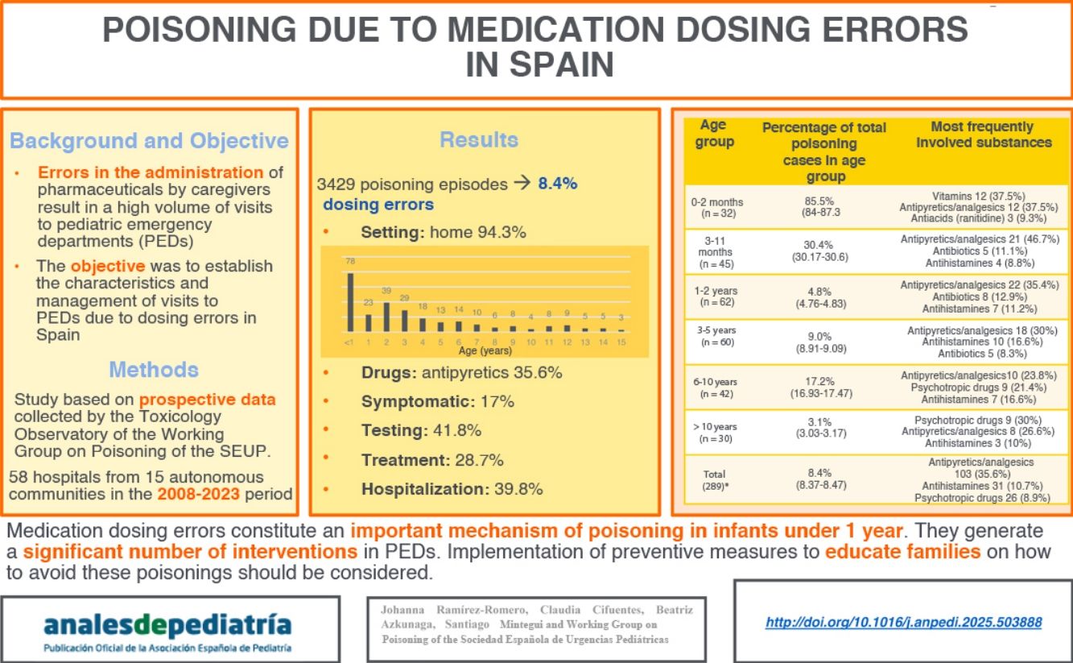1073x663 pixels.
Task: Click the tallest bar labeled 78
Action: coord(350,302)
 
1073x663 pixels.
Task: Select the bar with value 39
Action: coord(386,316)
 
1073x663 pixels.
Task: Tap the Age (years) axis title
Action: coord(485,350)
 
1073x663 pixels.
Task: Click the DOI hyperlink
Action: coord(903,623)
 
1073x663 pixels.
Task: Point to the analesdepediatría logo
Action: coord(167,627)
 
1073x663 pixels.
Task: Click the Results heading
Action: coord(479,140)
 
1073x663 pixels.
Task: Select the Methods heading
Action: coord(153,370)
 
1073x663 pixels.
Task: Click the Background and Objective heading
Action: coord(149,141)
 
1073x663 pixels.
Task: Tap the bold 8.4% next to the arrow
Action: coord(557,184)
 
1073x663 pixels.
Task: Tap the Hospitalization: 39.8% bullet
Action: coord(451,489)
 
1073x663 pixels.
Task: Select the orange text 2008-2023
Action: coord(199,494)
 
